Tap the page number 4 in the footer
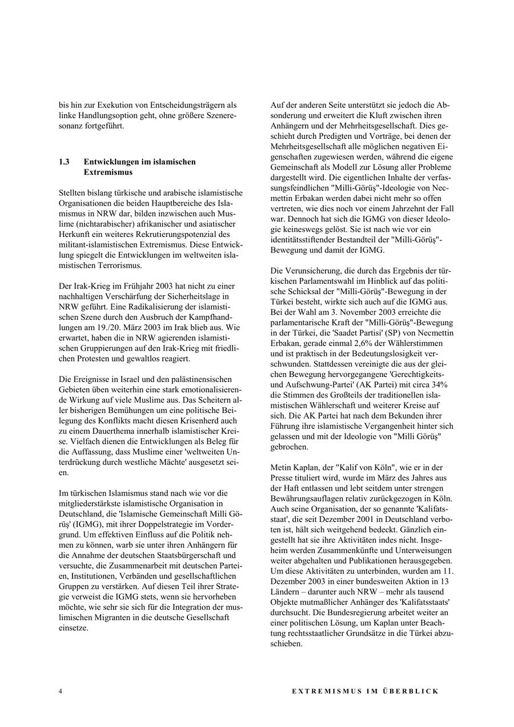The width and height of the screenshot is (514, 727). (x=60, y=691)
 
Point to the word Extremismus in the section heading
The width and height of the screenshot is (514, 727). (x=108, y=171)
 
